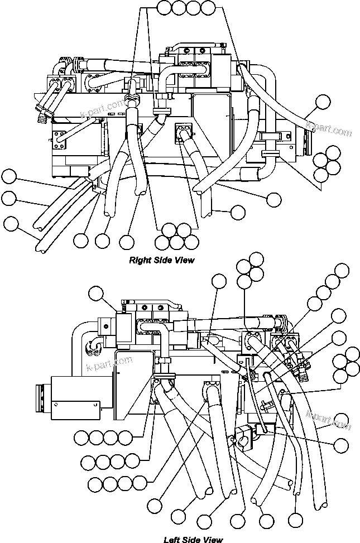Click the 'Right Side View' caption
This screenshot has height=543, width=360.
click(x=162, y=260)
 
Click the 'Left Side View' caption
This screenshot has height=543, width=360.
click(x=193, y=539)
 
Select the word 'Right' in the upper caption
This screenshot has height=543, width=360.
click(x=140, y=260)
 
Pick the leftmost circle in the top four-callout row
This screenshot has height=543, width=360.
click(x=164, y=8)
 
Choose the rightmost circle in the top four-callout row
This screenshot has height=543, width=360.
click(x=208, y=8)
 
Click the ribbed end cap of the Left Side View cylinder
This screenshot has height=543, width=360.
click(x=43, y=397)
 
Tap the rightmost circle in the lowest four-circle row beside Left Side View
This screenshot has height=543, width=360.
click(x=139, y=483)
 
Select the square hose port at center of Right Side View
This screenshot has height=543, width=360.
click(x=184, y=131)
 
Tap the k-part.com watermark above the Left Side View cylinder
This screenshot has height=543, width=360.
click(x=110, y=364)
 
